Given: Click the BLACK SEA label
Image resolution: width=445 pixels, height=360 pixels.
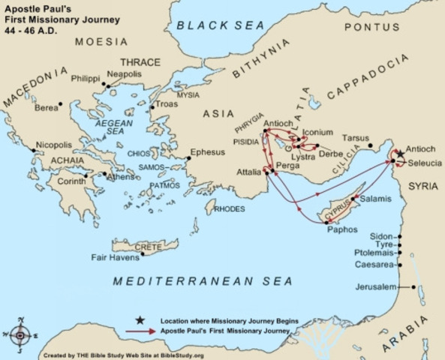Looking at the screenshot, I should (220, 25).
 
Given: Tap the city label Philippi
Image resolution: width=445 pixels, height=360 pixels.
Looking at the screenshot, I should (85, 77).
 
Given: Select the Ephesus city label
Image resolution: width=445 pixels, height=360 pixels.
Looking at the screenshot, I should (208, 151).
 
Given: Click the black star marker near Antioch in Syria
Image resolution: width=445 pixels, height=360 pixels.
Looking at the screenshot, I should (398, 153).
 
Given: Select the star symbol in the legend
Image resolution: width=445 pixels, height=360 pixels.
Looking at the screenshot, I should (141, 320).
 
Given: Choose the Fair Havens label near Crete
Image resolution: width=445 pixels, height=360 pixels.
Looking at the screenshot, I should (115, 257).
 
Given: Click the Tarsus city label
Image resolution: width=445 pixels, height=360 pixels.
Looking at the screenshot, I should (355, 138).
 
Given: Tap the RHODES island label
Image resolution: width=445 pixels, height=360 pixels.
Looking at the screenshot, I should (230, 208).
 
